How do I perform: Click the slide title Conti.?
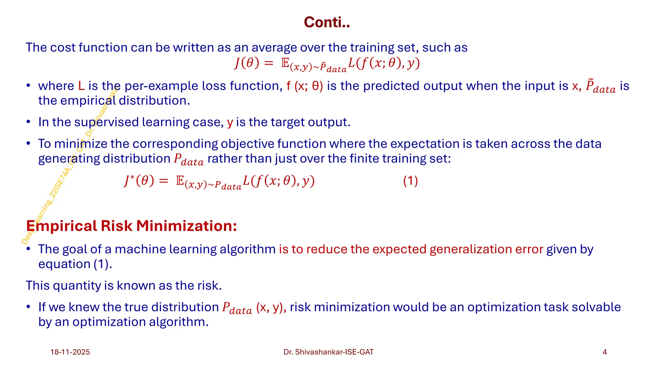[x=327, y=22]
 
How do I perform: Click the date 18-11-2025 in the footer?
[x=70, y=352]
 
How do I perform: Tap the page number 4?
[x=604, y=352]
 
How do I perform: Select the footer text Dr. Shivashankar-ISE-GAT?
[x=328, y=352]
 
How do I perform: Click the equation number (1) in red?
[x=410, y=181]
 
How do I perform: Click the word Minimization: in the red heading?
[x=186, y=226]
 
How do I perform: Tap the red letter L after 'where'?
[x=81, y=86]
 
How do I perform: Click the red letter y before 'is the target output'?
[x=230, y=122]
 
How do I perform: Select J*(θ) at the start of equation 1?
[x=139, y=181]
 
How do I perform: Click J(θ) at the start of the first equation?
[x=246, y=63]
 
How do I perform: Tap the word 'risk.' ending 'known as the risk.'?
[x=209, y=285]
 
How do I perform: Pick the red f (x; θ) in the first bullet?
[x=304, y=86]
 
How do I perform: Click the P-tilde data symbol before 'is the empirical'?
[x=600, y=86]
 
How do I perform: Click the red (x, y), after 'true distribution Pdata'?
[x=271, y=307]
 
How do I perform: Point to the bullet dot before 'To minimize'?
[x=29, y=143]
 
